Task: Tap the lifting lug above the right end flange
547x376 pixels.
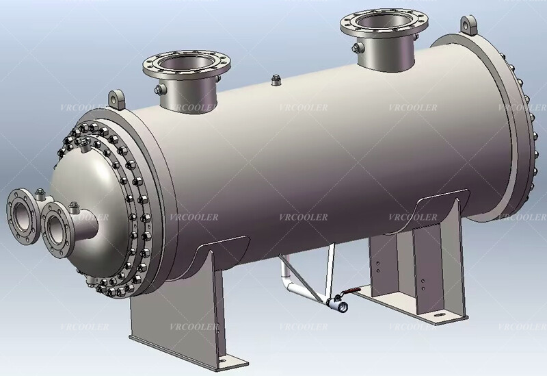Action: coord(468,25)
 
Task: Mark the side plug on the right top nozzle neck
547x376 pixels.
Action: coord(354,47)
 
